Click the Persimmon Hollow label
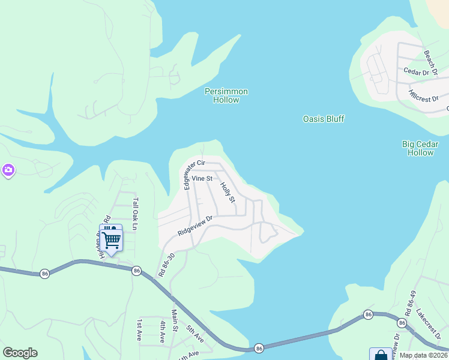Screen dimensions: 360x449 226,95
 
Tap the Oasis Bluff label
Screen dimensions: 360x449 323,119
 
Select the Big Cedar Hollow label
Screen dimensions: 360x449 420,148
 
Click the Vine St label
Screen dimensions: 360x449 202,179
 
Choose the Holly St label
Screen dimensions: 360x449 228,192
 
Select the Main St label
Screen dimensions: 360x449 175,319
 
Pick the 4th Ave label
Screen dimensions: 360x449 162,331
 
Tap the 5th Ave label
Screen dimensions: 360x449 196,333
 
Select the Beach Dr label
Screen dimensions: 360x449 430,59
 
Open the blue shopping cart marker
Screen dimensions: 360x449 110,239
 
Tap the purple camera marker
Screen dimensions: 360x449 8,171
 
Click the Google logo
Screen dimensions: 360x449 20,353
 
